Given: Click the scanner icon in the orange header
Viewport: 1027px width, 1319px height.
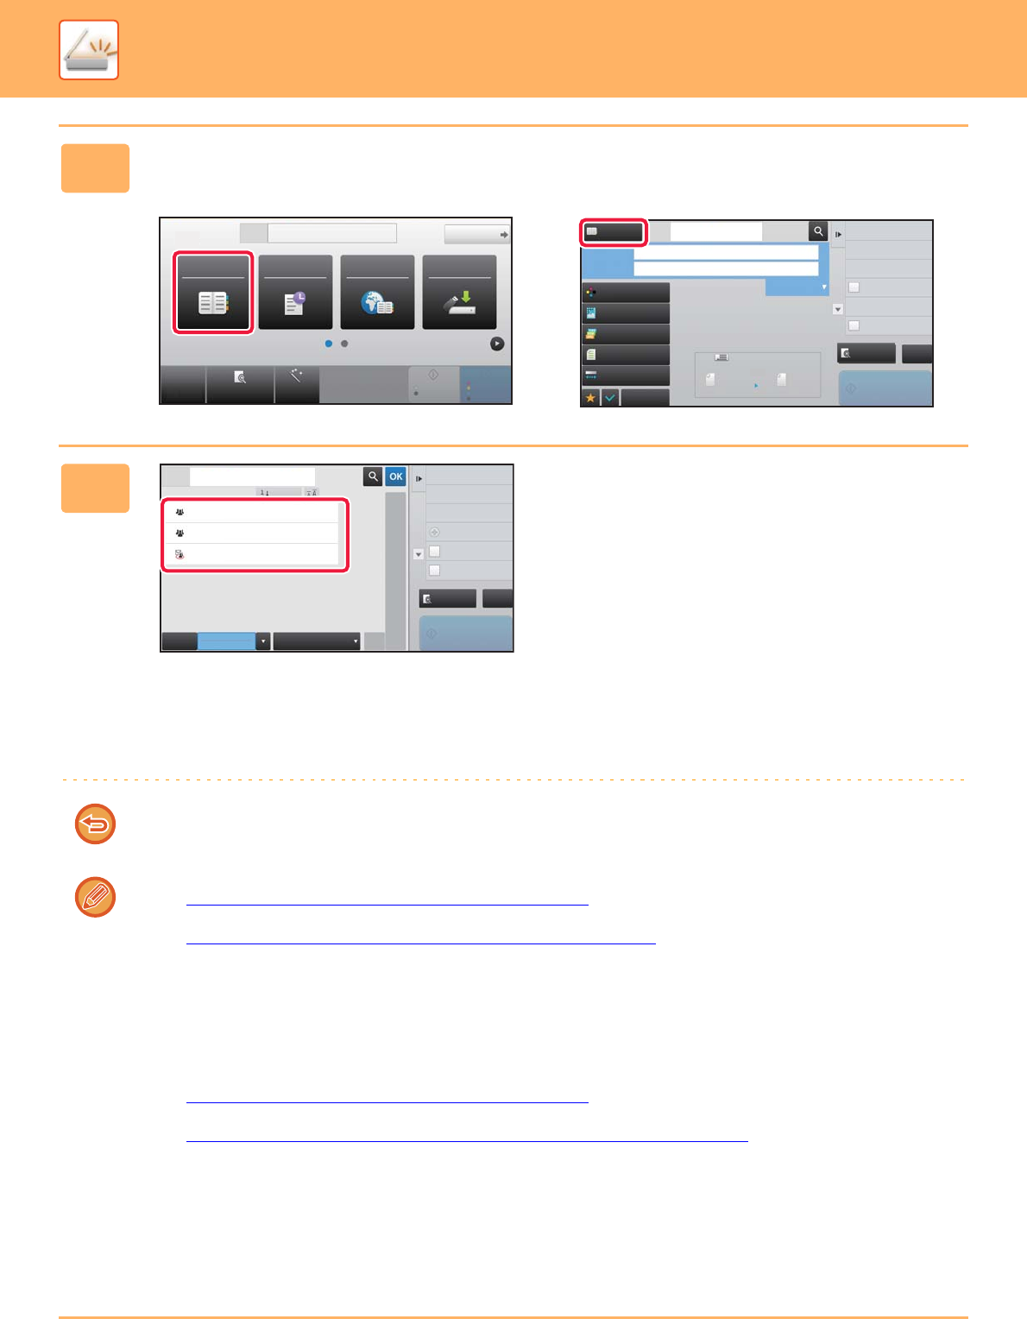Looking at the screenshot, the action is tap(89, 50).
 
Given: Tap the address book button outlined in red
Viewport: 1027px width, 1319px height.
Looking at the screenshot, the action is tap(213, 293).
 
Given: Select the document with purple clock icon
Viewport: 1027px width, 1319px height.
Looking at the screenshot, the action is tap(295, 303).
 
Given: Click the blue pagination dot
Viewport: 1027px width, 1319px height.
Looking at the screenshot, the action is tap(329, 344).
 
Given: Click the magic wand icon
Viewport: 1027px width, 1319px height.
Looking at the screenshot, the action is tap(296, 376).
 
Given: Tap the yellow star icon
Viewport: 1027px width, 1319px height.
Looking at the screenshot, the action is tap(590, 398).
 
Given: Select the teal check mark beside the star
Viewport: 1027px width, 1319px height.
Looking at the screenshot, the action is tap(609, 398).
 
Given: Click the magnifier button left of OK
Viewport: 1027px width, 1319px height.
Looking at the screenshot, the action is tap(373, 476).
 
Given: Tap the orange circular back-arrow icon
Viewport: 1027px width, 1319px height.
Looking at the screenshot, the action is tap(95, 824).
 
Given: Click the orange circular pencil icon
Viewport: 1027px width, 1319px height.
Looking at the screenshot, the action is tap(95, 897).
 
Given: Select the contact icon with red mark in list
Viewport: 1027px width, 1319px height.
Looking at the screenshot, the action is tap(180, 554).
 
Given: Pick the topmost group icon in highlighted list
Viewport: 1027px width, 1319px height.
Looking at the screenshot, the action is tap(180, 512).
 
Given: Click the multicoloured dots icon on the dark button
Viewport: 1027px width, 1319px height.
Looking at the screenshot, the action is tap(591, 293).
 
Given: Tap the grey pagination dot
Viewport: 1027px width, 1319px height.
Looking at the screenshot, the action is tap(344, 344).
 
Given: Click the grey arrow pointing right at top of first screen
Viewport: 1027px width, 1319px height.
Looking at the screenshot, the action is tap(504, 234).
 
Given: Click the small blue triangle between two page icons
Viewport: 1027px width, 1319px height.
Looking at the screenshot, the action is tap(756, 386).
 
